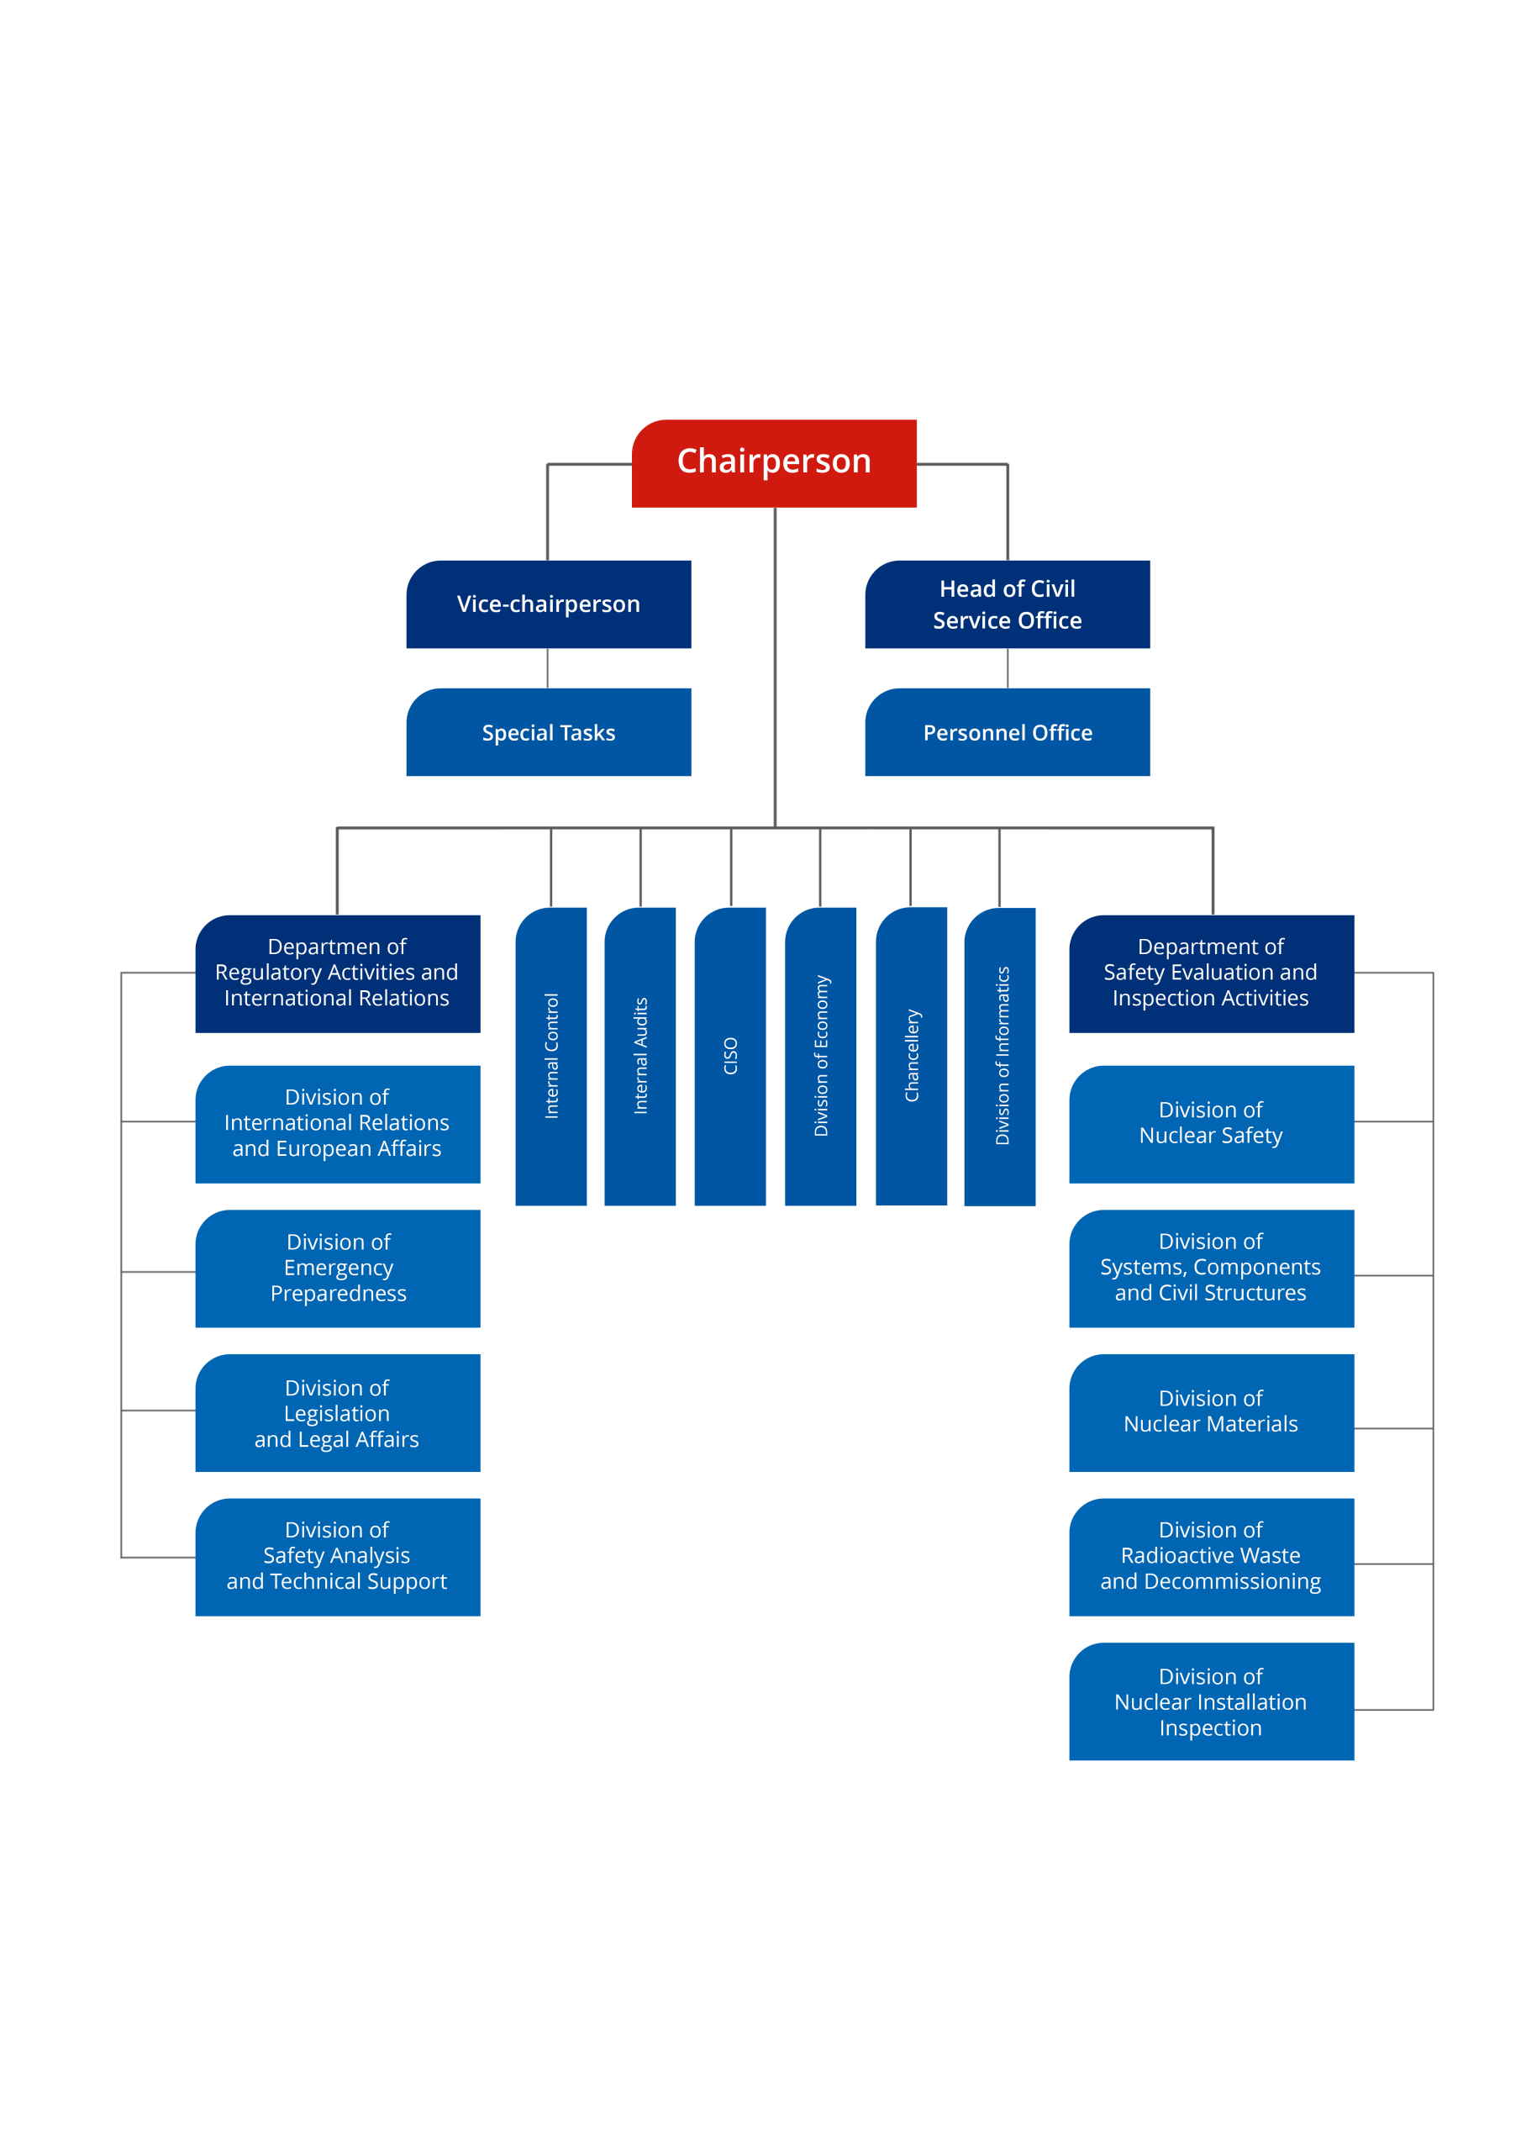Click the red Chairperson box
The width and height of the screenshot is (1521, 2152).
773,463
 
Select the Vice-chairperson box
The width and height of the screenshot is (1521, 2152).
548,604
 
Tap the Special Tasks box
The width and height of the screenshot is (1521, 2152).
548,732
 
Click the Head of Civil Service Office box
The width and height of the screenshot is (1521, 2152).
1007,604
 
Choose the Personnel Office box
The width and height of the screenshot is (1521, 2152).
1007,732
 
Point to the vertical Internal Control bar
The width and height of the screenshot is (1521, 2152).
551,1057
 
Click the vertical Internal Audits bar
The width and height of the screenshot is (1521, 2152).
640,1057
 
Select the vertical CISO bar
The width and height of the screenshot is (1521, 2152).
730,1057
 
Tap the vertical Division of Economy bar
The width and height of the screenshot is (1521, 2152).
820,1057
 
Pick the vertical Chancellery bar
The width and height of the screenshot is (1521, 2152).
911,1057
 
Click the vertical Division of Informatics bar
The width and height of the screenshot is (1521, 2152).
1000,1057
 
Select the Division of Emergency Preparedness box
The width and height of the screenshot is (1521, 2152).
337,1269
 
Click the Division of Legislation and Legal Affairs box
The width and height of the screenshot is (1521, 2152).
337,1412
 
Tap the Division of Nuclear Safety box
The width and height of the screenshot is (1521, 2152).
1211,1124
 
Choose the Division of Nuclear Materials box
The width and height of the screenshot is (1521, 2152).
1211,1412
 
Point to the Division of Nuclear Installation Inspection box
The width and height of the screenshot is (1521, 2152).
1211,1701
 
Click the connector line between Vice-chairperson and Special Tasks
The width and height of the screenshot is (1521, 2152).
547,668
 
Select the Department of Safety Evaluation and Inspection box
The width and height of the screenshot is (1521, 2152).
1211,973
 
